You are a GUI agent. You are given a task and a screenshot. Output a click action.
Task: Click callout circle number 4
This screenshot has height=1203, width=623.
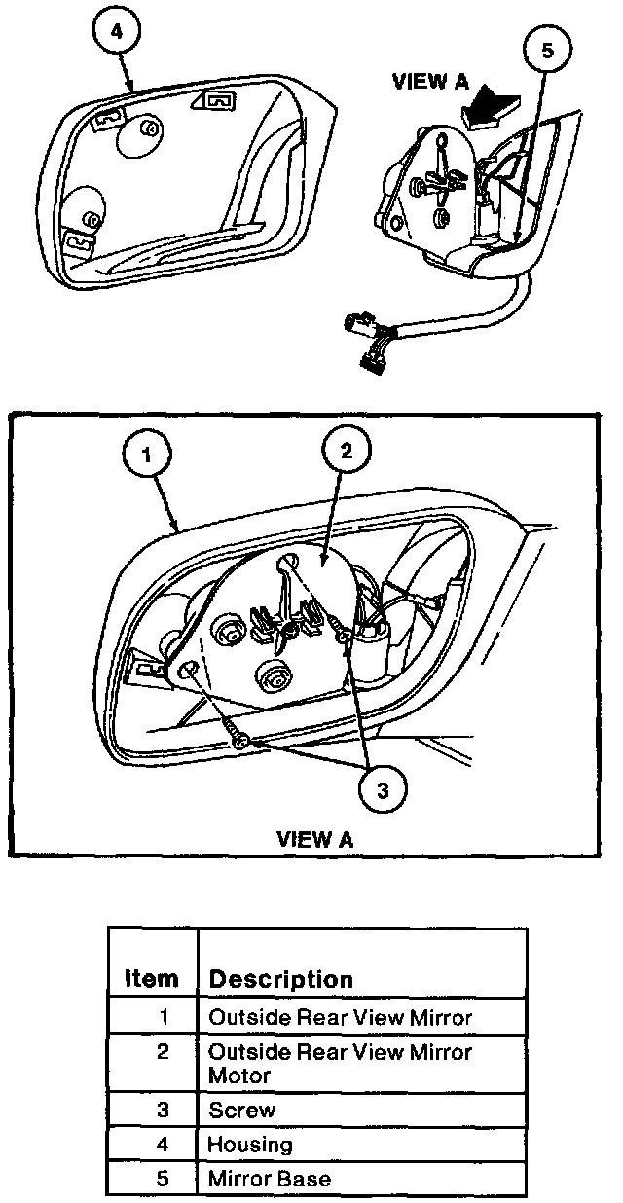[117, 32]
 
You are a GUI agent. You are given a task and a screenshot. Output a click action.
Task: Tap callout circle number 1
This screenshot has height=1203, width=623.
[147, 454]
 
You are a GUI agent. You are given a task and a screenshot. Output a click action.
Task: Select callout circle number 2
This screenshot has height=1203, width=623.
[346, 449]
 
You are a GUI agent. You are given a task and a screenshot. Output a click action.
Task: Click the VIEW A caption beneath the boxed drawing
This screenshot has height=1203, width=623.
[314, 838]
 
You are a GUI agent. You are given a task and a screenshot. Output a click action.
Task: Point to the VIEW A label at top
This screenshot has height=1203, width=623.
[430, 82]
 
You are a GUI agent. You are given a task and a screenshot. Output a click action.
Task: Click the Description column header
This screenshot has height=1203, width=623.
[281, 978]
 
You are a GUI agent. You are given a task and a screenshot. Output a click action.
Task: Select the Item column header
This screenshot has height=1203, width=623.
[152, 978]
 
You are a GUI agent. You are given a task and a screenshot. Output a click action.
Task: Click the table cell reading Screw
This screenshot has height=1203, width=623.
[242, 1110]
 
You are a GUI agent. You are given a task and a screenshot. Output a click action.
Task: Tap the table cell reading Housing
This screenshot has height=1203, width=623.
[250, 1145]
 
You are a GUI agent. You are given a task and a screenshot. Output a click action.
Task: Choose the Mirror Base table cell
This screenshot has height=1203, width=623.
[270, 1179]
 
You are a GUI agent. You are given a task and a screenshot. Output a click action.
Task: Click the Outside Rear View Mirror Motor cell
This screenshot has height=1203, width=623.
[341, 1063]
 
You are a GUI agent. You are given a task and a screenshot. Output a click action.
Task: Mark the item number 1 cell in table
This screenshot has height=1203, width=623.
[164, 1018]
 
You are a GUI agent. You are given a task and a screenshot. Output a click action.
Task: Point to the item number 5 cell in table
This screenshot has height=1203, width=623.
[164, 1179]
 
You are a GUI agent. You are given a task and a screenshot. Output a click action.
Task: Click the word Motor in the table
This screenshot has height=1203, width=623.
[239, 1075]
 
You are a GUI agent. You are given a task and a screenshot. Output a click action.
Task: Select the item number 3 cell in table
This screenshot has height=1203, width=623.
[164, 1110]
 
